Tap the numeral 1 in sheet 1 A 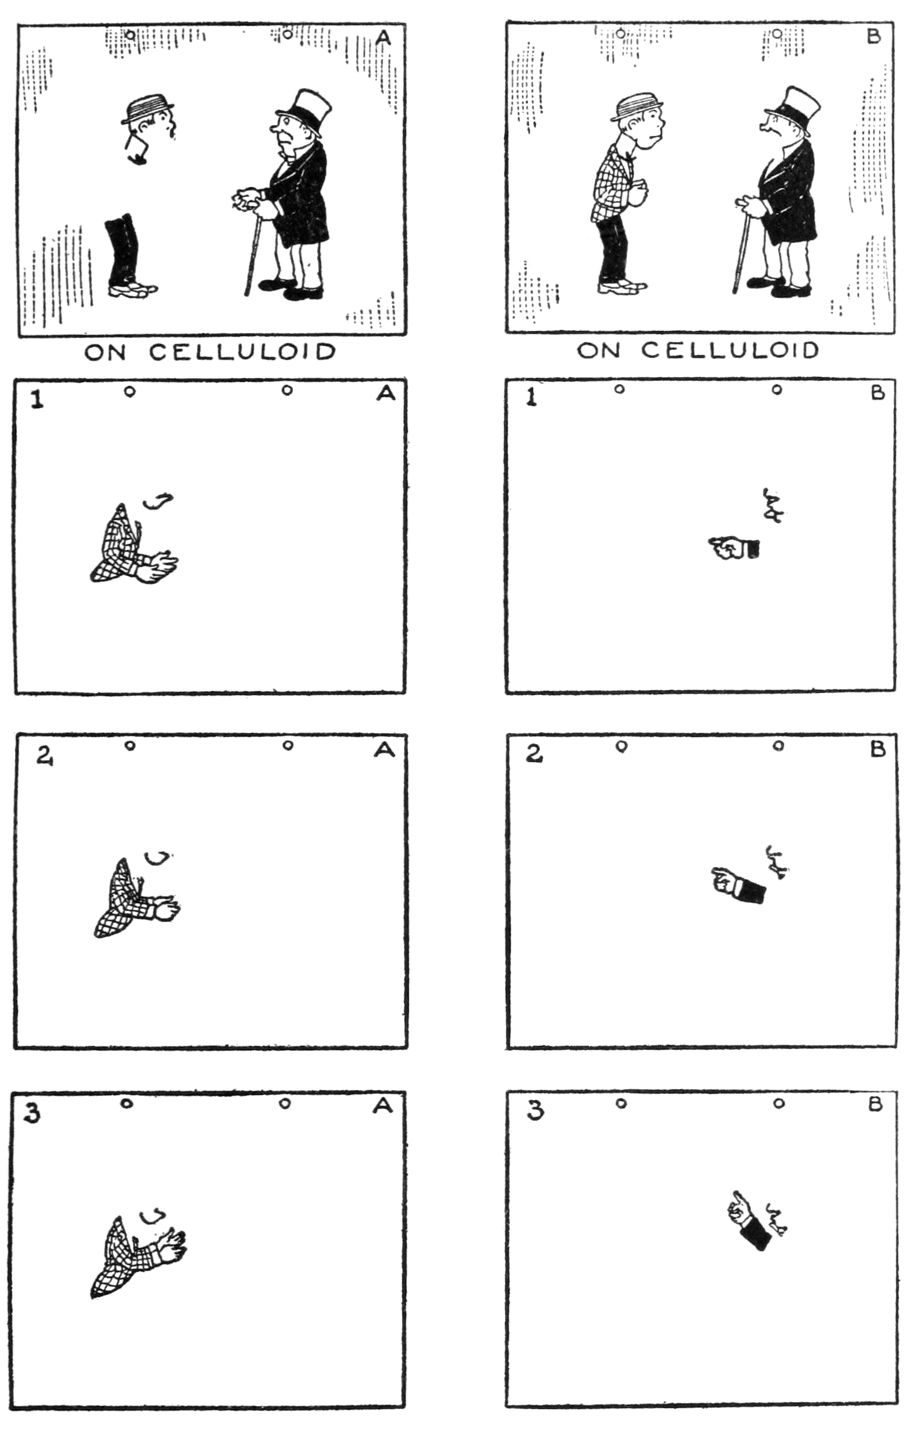pyautogui.click(x=37, y=399)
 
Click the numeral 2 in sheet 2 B pyautogui.click(x=534, y=755)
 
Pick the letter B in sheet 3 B pyautogui.click(x=876, y=1104)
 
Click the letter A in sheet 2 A pyautogui.click(x=385, y=750)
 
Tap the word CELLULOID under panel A pyautogui.click(x=243, y=352)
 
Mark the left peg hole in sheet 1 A pyautogui.click(x=129, y=392)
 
